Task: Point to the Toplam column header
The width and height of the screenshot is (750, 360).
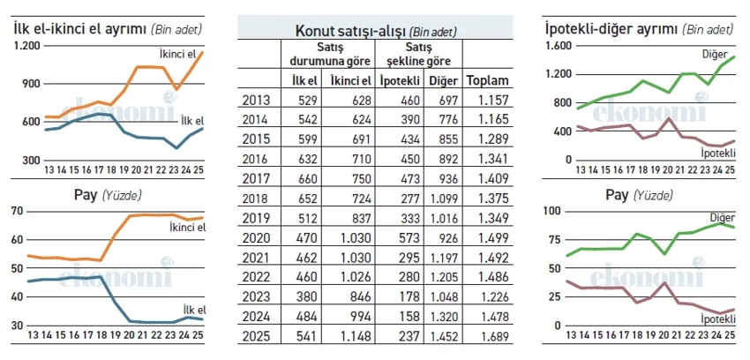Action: point(488,80)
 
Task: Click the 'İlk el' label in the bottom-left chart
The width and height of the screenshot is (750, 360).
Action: point(194,309)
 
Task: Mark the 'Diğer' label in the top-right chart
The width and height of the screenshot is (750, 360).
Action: point(714,54)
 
